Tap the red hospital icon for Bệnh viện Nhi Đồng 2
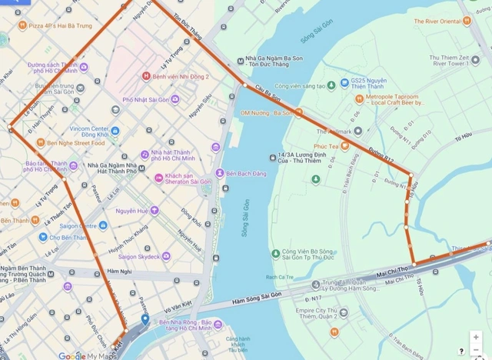coord(146,76)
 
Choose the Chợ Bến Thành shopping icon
coord(32,237)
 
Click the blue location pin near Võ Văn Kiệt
coord(145,318)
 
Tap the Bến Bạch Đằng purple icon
coord(220,172)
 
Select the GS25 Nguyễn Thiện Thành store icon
coord(344,82)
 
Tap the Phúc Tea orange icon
coord(344,145)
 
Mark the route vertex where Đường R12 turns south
coord(411,175)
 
